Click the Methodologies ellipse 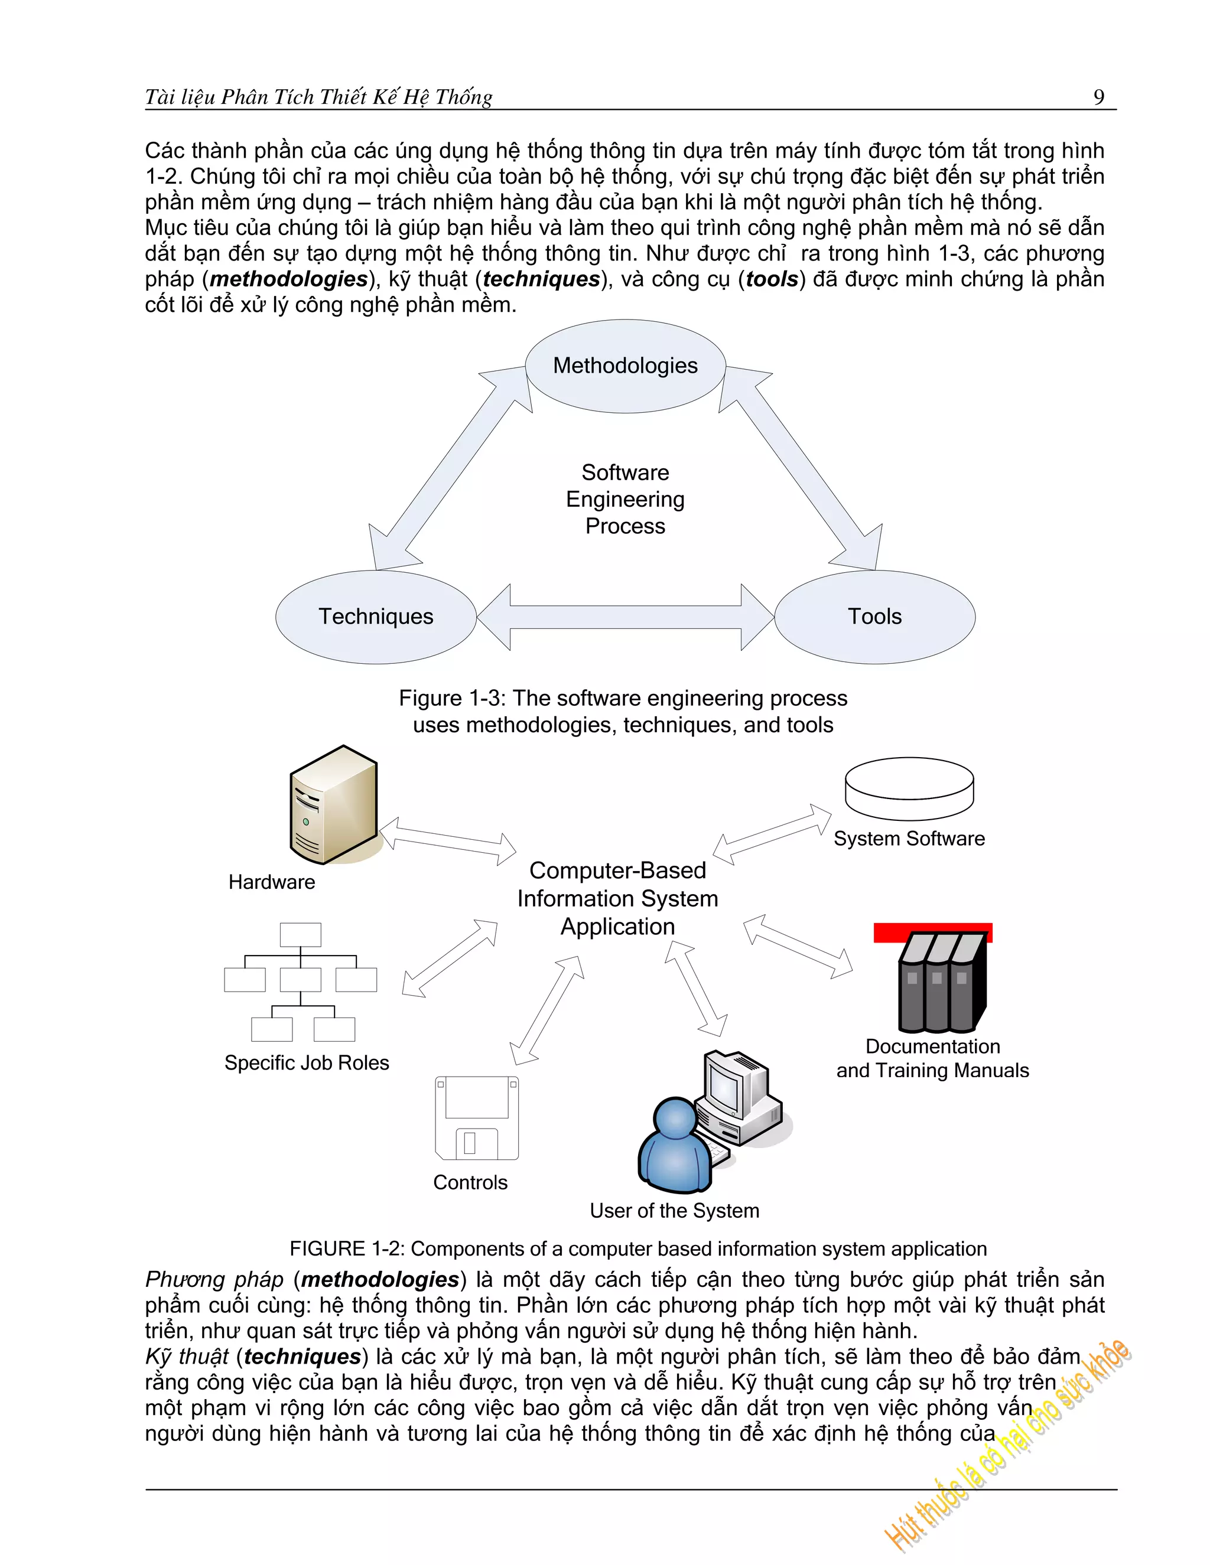[x=625, y=366]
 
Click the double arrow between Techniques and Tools [x=625, y=617]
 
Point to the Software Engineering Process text [x=625, y=499]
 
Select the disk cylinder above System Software [x=909, y=788]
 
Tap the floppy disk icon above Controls [x=477, y=1117]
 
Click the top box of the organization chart [x=300, y=934]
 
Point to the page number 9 [x=1098, y=97]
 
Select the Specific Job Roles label [x=307, y=1062]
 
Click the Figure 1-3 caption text [x=623, y=711]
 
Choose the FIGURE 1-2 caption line [x=638, y=1248]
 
